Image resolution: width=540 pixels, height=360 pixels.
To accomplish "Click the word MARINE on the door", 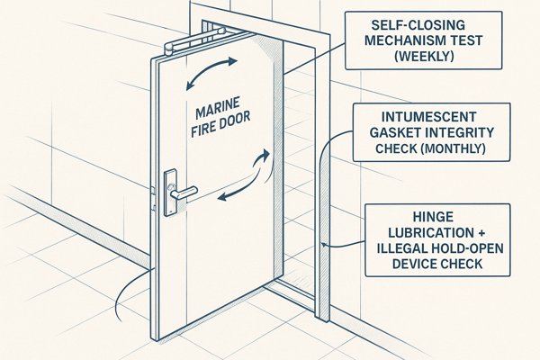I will coord(213,114).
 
